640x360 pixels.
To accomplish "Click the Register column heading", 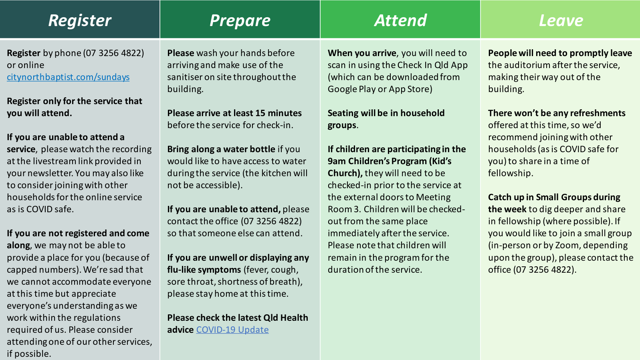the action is (80, 20).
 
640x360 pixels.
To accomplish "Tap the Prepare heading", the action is (240, 20).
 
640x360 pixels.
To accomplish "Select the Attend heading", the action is (400, 20).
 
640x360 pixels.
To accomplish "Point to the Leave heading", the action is (561, 20).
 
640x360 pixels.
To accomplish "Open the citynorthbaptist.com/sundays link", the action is (68, 77).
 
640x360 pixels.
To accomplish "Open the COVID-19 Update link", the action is (232, 330).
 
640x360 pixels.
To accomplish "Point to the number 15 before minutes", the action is (260, 113).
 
